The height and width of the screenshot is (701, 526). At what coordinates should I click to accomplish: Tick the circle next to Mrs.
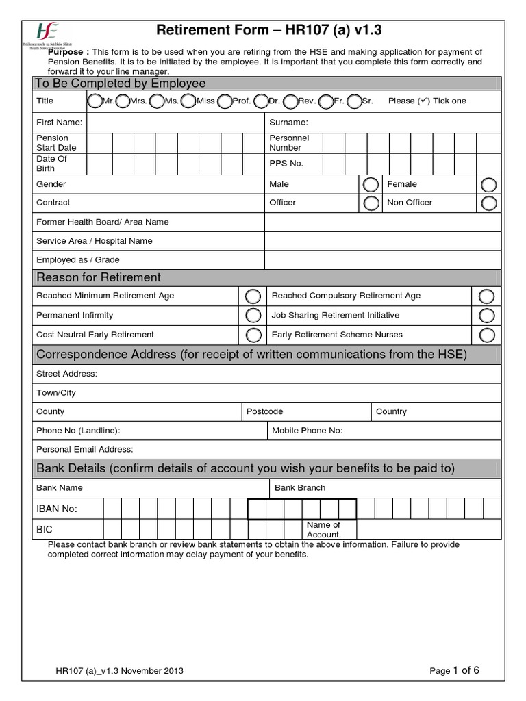tap(123, 101)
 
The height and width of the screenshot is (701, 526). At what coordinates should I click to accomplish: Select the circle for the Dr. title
tap(261, 101)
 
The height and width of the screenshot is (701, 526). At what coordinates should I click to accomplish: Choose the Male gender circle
tap(370, 185)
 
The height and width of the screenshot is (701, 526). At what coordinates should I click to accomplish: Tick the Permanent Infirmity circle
tap(253, 316)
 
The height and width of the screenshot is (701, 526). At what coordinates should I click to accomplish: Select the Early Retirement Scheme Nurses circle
tap(487, 335)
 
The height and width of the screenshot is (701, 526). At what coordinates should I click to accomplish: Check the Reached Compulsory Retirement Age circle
tap(487, 296)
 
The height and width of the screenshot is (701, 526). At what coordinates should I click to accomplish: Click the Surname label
tap(288, 123)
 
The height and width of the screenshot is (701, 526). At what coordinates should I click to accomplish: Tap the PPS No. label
tap(286, 164)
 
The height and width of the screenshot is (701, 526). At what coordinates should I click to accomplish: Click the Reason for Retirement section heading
tap(99, 277)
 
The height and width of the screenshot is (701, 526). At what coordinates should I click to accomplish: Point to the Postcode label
tap(264, 411)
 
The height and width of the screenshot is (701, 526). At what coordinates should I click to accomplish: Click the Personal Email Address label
tap(84, 449)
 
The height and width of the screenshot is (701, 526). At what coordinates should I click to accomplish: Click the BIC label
tap(44, 529)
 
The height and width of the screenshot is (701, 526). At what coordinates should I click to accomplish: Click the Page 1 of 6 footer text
tap(454, 671)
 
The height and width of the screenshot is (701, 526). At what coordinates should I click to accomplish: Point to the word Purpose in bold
tap(68, 52)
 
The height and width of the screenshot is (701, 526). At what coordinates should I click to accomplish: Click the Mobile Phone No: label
tap(307, 431)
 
